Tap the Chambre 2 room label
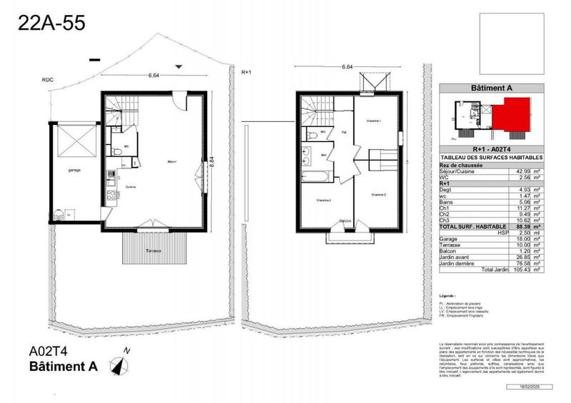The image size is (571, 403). [378, 194]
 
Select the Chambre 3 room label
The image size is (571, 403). [324, 200]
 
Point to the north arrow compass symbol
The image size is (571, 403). [118, 363]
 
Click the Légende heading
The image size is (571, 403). [448, 295]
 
